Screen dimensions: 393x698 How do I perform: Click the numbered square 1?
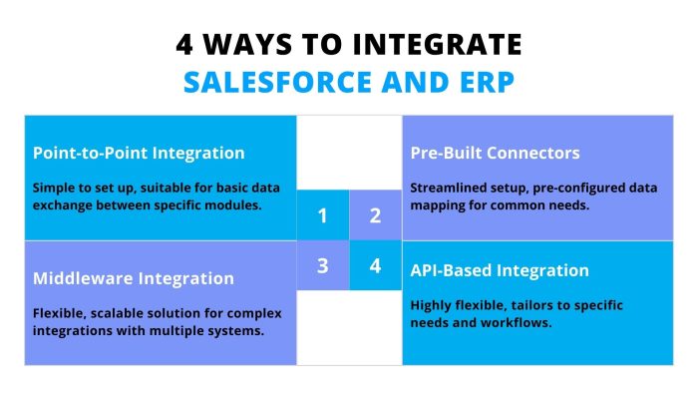point(322,215)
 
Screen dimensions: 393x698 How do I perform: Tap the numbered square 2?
point(375,215)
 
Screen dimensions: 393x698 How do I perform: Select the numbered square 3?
point(322,266)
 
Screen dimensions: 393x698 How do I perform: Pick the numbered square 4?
point(375,266)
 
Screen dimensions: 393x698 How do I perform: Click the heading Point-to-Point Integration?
point(139,153)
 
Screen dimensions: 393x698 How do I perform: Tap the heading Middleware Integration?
point(134,278)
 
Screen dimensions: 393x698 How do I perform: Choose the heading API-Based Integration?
point(500,270)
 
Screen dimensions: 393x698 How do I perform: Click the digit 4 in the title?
point(185,45)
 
